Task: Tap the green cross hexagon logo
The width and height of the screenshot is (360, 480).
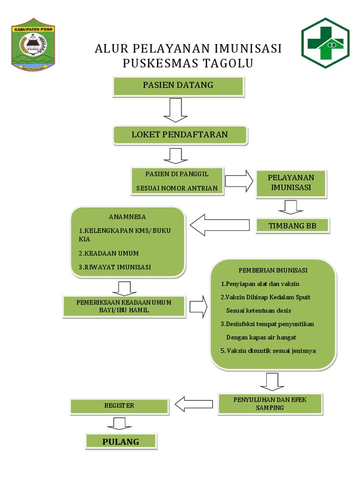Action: (325, 44)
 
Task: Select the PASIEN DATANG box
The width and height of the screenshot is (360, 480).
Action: (178, 86)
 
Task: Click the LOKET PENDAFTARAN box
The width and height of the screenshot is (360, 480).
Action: (180, 135)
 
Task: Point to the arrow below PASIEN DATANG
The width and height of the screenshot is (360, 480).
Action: (176, 111)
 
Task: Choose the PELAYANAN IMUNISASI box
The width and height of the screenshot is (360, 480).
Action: (291, 183)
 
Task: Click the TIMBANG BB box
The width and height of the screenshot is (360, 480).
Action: (292, 226)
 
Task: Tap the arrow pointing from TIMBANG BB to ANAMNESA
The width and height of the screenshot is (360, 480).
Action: (220, 225)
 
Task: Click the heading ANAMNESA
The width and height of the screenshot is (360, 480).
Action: (127, 217)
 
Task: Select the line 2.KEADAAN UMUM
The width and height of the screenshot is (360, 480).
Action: (109, 254)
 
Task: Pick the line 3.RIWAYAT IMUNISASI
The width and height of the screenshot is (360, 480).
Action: (115, 267)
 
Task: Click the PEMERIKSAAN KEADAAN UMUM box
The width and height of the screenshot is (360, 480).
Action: (124, 306)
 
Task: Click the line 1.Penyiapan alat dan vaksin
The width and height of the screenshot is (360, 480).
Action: (260, 284)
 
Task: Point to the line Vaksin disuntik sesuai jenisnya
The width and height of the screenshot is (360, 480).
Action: (269, 351)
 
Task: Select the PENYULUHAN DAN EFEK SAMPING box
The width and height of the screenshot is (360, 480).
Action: (270, 404)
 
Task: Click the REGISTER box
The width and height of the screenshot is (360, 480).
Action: (119, 406)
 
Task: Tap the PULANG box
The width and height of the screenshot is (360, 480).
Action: (121, 442)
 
